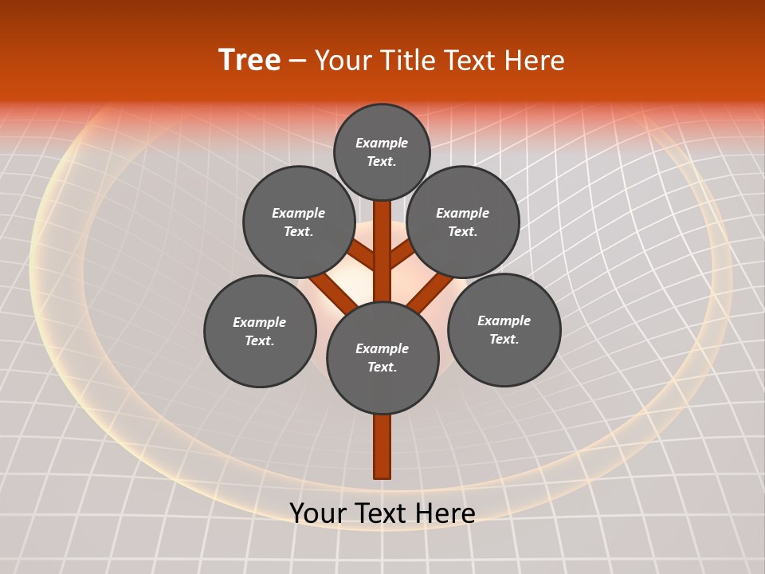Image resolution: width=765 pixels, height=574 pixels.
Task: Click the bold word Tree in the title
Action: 249,61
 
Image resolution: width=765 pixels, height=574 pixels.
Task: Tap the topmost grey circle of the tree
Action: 382,152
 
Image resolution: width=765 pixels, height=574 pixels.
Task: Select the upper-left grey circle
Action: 299,222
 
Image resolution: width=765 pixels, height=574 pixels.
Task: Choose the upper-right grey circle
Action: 463,222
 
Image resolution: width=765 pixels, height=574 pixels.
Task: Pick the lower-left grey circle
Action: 260,331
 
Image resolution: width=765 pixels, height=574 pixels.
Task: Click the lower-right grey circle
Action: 504,329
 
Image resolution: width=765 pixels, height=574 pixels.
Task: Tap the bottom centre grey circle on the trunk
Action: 382,358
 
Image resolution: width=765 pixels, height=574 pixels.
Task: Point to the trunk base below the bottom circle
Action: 382,446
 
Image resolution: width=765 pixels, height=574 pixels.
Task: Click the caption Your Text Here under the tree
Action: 382,513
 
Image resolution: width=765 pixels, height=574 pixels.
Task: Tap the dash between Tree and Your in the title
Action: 298,61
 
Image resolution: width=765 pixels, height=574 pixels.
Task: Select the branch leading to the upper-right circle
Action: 402,256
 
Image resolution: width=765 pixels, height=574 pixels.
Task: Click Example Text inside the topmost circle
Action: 382,152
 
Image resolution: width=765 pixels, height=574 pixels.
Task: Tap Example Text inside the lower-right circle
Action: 504,330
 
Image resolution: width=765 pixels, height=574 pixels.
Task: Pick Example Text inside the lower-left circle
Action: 260,332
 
